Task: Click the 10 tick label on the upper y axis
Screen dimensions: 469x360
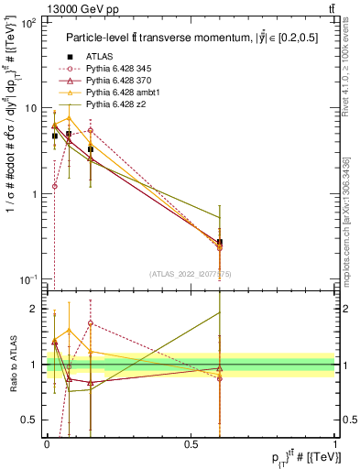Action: (x=31, y=108)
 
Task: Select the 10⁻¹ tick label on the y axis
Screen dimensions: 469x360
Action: (x=29, y=279)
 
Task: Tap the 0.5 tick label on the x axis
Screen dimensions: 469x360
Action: (x=190, y=443)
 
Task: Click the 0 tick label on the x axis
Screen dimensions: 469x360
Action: (x=47, y=443)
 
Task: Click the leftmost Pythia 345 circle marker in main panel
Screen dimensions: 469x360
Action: (x=55, y=186)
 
